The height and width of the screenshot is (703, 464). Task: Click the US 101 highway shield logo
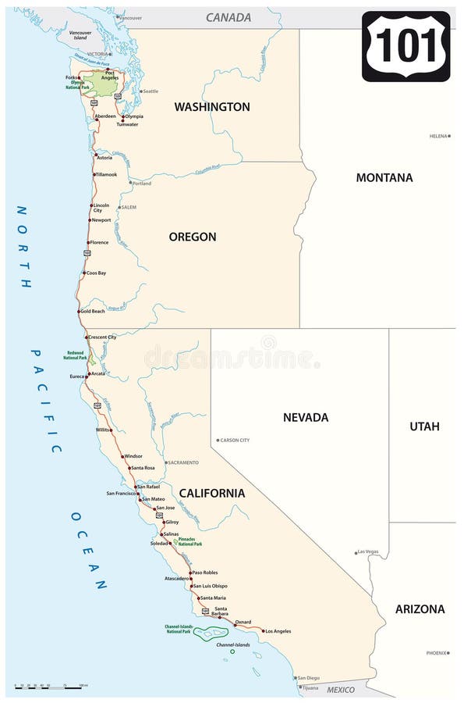click(406, 46)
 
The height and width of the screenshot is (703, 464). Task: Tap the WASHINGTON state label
click(212, 106)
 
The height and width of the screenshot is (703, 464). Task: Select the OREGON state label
click(193, 237)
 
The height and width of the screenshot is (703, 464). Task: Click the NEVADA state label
click(306, 417)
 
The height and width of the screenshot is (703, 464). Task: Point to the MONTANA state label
click(384, 177)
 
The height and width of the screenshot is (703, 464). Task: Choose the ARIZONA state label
click(420, 608)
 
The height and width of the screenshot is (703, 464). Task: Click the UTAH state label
click(424, 426)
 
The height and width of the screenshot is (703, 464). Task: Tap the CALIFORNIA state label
click(212, 493)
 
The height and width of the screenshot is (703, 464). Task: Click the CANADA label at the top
click(228, 17)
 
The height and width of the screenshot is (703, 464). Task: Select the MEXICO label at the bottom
click(340, 690)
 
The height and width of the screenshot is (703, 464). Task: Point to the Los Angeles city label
click(277, 631)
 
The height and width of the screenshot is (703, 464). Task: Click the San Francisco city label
click(121, 494)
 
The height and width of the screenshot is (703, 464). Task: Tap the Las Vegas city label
click(367, 552)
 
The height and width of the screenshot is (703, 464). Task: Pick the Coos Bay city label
click(96, 273)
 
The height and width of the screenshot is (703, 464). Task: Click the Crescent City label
click(102, 337)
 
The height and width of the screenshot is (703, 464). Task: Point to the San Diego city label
click(308, 677)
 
